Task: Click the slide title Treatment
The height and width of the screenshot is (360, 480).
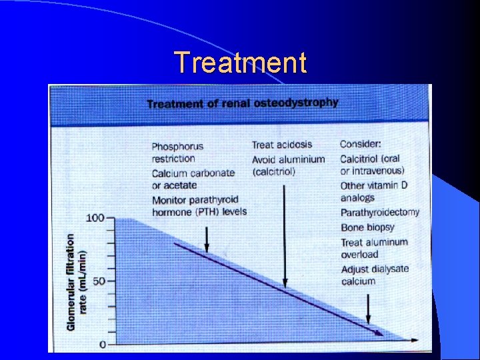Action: coord(241,63)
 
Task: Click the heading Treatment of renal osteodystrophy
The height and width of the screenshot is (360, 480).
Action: coord(242,103)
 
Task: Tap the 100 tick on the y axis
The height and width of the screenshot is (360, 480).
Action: coord(96,218)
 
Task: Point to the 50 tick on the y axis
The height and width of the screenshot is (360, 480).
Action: coord(99,281)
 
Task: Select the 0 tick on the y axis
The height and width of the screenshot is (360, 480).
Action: coord(102,344)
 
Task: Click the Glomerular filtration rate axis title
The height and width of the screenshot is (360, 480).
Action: coord(75,281)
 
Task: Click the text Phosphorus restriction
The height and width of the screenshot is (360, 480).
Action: coord(177,152)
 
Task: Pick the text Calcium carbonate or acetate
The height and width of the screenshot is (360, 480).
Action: coord(193,179)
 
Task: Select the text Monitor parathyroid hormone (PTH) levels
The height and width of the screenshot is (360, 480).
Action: coord(199,206)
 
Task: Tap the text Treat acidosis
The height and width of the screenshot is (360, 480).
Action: coord(281,145)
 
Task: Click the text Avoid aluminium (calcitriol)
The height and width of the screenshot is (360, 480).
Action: coord(288,165)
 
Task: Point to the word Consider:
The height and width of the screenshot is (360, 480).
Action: coord(361,144)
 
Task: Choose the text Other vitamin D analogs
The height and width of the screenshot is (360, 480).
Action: coord(373,191)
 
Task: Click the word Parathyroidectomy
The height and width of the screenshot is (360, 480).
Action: coord(379,213)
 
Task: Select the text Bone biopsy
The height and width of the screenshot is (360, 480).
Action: coord(367,227)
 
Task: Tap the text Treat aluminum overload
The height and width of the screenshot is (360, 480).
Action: coord(373,248)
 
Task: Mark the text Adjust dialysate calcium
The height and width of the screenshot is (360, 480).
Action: coord(374,275)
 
